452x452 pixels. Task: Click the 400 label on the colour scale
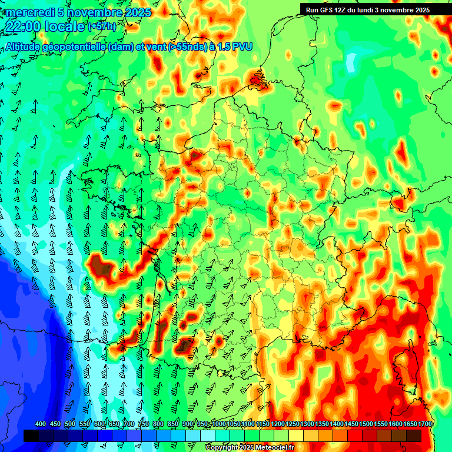41,424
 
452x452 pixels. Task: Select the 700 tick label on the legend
129,424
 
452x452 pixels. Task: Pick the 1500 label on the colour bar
366,424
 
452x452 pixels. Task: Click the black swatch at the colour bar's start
31,436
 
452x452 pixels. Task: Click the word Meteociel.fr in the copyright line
274,448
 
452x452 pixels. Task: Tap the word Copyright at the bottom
221,448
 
